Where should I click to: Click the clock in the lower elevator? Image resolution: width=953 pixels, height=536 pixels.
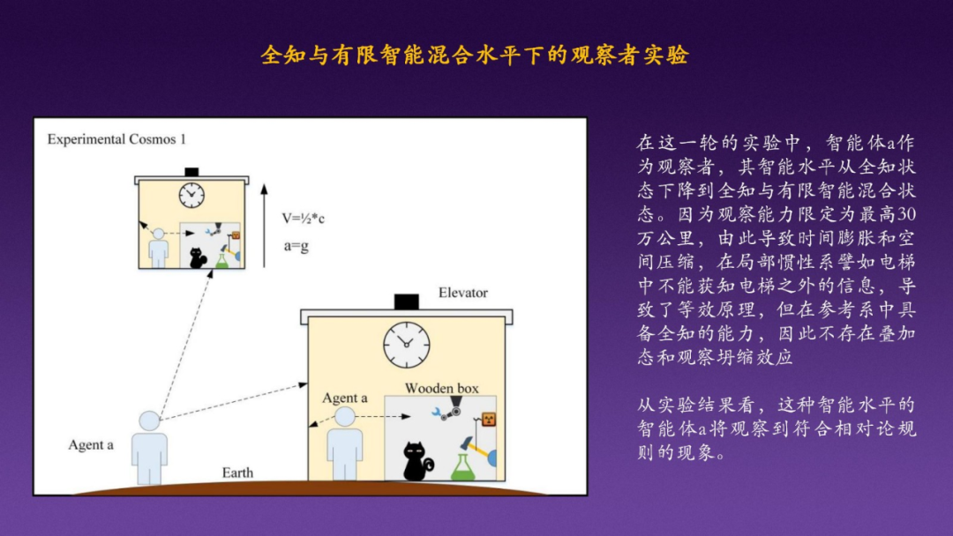click(407, 345)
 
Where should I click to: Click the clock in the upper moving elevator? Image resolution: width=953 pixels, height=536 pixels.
click(191, 194)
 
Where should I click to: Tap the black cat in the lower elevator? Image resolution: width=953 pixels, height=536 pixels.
click(416, 461)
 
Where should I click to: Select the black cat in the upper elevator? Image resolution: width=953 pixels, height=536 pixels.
click(199, 257)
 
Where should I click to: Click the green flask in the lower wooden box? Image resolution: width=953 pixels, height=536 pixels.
click(462, 466)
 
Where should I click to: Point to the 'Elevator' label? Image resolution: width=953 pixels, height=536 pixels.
click(462, 293)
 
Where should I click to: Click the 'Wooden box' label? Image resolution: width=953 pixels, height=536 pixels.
click(441, 388)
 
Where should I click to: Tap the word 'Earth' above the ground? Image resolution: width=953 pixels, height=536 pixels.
click(237, 473)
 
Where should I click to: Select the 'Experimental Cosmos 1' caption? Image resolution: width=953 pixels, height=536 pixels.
click(116, 139)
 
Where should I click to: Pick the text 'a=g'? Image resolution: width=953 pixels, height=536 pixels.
click(296, 246)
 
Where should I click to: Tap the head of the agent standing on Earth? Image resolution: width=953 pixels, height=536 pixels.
click(149, 421)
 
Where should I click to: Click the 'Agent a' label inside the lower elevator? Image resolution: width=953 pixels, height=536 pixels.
click(345, 398)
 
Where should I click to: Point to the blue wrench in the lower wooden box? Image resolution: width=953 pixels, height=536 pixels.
click(438, 412)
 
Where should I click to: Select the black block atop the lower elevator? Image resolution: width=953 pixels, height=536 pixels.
click(406, 301)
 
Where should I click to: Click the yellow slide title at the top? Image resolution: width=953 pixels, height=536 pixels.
click(475, 56)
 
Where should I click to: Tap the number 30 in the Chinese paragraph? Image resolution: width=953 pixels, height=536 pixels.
click(904, 214)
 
